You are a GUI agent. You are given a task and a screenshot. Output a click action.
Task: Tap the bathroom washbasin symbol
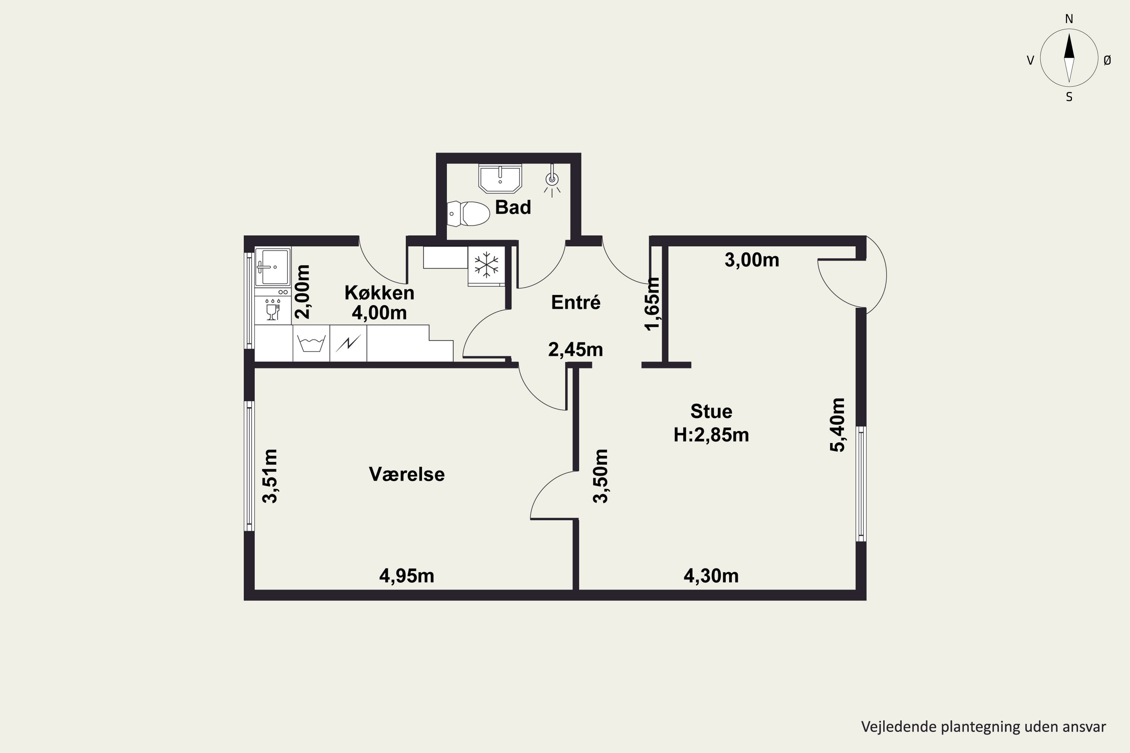tap(500, 178)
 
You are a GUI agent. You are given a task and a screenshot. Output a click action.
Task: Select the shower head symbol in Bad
tap(552, 181)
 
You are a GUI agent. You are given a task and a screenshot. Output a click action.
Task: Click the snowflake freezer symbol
tap(486, 265)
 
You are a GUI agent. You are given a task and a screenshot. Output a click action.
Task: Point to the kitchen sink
tap(272, 267)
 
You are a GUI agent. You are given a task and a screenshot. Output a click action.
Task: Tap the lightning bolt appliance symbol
tap(348, 343)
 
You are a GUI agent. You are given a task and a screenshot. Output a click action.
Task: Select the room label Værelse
tap(406, 474)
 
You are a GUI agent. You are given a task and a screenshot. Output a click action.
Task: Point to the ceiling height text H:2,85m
tap(711, 435)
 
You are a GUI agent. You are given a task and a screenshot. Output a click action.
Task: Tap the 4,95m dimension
tap(406, 576)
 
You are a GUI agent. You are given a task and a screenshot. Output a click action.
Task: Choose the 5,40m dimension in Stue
tap(837, 425)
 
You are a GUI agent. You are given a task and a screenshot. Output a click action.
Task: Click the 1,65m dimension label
tap(652, 304)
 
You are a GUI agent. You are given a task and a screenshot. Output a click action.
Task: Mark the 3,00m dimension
tap(751, 260)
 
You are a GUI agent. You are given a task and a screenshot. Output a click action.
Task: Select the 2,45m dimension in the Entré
tap(576, 350)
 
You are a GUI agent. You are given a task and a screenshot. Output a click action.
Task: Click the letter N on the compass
tap(1069, 19)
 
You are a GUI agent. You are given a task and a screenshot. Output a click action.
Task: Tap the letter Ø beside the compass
tap(1107, 60)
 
